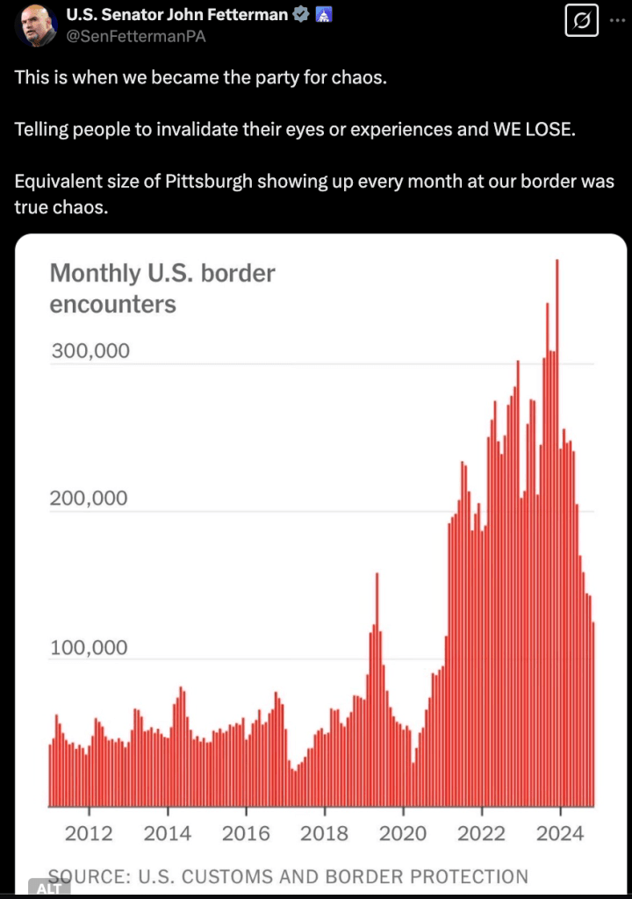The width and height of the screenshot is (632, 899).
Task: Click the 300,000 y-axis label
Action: pyautogui.click(x=90, y=351)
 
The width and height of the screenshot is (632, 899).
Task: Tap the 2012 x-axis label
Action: pyautogui.click(x=89, y=832)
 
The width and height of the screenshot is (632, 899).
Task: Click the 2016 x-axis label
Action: pyautogui.click(x=246, y=832)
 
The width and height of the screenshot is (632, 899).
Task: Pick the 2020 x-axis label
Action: pyautogui.click(x=403, y=832)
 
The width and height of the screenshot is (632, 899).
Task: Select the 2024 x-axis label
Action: pyautogui.click(x=560, y=832)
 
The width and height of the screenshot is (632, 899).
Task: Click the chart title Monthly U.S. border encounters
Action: pyautogui.click(x=162, y=288)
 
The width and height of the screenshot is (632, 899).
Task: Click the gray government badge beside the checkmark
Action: pyautogui.click(x=323, y=15)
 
